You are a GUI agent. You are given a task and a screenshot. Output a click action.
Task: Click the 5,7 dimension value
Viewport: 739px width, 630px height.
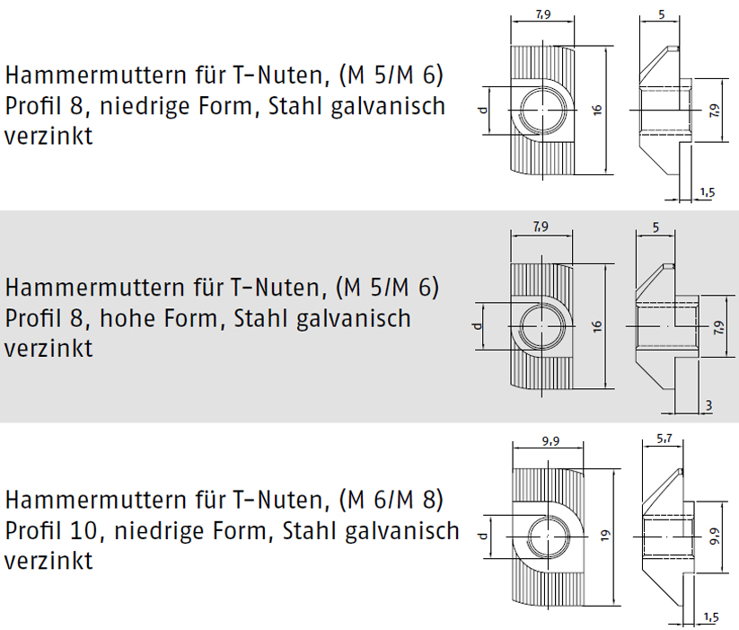tap(664, 439)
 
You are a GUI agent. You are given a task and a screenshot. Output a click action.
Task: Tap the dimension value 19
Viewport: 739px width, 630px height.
tap(605, 536)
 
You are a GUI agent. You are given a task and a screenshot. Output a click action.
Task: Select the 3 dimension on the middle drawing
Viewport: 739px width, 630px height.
tap(708, 405)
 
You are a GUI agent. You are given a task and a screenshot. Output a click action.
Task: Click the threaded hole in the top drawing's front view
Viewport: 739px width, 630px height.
tap(542, 110)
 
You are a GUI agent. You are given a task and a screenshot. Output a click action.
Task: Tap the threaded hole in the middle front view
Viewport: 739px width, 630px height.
tap(542, 326)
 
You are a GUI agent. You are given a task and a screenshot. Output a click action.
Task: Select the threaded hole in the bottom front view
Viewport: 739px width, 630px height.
tap(548, 537)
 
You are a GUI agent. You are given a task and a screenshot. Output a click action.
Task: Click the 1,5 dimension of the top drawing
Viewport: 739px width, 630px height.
tap(707, 192)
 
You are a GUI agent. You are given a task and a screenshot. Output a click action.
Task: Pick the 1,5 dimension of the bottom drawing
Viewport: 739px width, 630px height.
tap(711, 617)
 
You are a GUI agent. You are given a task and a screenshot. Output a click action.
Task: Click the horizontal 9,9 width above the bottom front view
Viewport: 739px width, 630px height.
tap(550, 441)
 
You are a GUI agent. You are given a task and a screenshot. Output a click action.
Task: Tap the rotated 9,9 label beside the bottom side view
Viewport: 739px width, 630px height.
tap(715, 537)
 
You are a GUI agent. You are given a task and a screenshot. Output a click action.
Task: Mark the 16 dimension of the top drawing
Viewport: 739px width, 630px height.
tap(597, 110)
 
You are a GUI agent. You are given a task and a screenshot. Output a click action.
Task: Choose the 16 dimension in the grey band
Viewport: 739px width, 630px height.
tap(597, 326)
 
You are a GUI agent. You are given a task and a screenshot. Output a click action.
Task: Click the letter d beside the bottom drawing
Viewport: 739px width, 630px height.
tap(481, 536)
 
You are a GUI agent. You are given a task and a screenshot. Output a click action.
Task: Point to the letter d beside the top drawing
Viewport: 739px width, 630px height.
tap(481, 110)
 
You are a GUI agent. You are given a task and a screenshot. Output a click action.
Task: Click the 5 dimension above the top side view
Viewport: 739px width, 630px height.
tap(661, 14)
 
